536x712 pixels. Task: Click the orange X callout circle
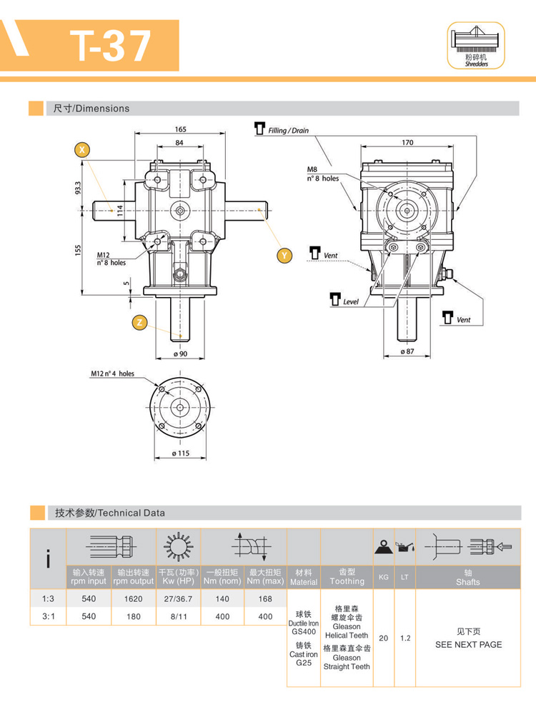coord(83,149)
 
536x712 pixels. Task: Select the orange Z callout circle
coord(140,323)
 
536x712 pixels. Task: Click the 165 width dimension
coord(180,129)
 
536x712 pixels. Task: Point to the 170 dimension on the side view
coord(407,143)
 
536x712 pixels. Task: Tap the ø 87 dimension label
coord(407,351)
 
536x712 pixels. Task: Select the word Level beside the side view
coord(350,302)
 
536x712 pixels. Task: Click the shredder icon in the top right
coord(475,44)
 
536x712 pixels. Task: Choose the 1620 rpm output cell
coord(133,598)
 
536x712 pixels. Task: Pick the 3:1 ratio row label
coord(47,616)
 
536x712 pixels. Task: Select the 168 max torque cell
coord(265,598)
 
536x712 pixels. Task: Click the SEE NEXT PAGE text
coord(468,644)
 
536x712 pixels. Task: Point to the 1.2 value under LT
coord(405,638)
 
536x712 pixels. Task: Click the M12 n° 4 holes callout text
coord(112,373)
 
